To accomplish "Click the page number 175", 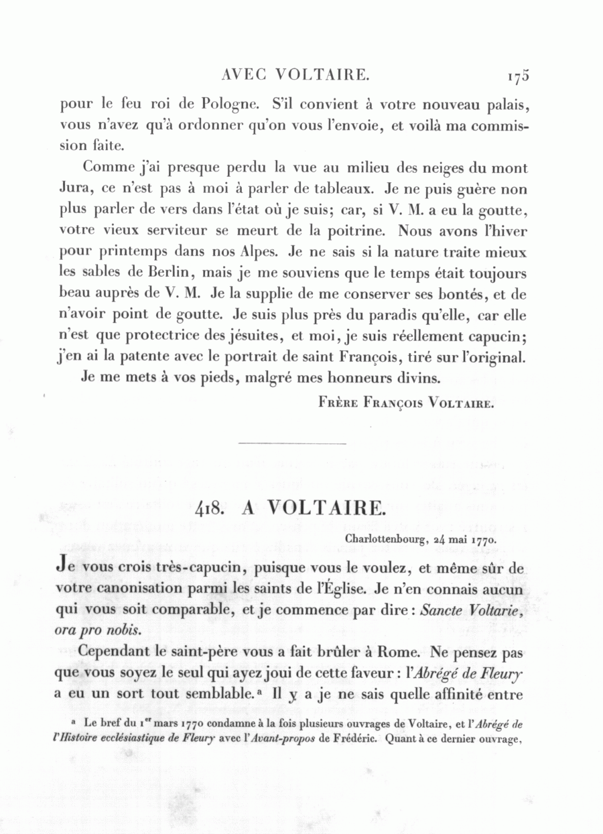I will point(519,77).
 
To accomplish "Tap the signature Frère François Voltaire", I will point(407,404).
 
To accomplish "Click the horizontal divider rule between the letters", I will point(292,443).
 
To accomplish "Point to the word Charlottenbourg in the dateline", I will point(385,537).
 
